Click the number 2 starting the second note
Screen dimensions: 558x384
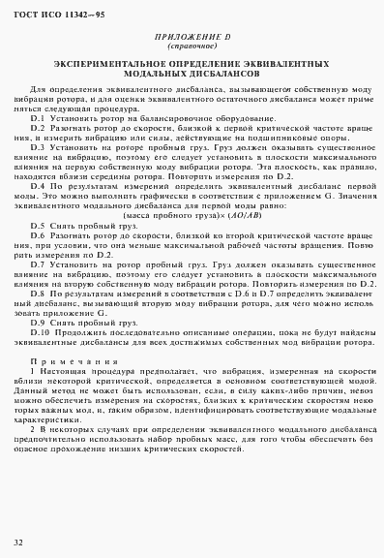(33, 427)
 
